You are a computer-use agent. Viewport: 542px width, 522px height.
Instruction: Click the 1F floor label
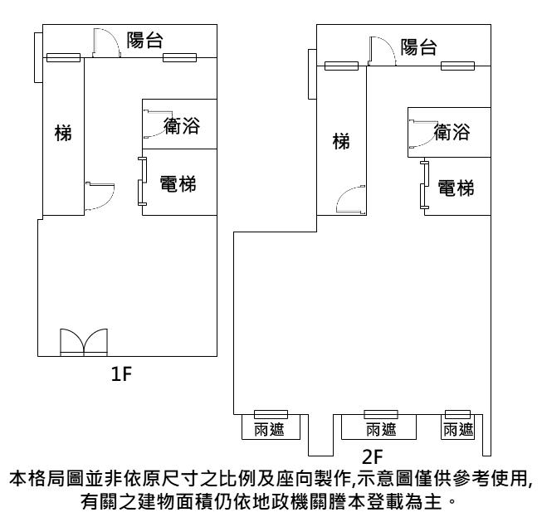121,373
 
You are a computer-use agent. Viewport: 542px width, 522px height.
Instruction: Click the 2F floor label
373,457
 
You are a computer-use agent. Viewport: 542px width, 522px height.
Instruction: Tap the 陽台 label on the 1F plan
144,40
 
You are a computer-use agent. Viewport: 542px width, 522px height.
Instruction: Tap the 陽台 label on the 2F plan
418,47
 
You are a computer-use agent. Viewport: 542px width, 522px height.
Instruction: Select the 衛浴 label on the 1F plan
182,125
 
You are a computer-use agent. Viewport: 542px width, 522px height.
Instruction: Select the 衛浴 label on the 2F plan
452,132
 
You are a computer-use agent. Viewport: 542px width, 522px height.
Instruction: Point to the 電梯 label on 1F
178,183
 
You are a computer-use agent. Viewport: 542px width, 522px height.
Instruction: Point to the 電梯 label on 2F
457,188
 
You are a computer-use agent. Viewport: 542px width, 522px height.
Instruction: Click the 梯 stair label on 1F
63,133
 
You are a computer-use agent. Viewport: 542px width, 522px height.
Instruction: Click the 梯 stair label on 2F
341,141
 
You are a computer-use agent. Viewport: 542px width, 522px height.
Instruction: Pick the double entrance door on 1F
84,342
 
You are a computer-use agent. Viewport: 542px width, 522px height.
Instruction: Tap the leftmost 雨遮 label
269,429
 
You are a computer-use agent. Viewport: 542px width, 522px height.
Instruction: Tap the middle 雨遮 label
381,429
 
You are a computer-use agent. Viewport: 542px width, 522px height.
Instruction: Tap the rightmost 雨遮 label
458,429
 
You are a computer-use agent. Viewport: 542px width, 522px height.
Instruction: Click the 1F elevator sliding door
142,182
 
